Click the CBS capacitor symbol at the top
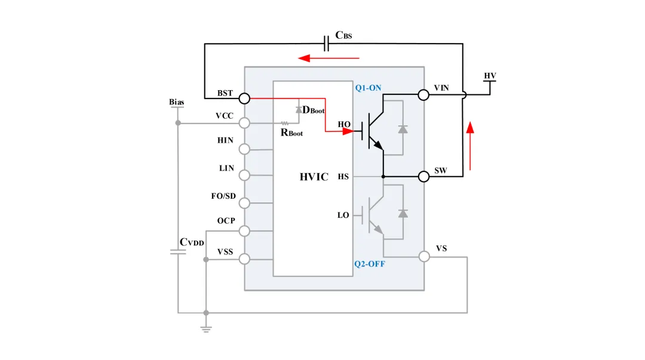pos(326,43)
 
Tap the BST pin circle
pos(244,99)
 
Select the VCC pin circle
pos(244,122)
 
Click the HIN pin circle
pos(244,149)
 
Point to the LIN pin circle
pos(244,176)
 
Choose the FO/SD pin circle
pos(244,203)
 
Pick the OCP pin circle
pos(244,231)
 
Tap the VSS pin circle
pos(244,259)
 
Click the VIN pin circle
pos(423,95)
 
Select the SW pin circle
pos(423,177)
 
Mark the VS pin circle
pos(424,257)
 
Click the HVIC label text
pos(314,177)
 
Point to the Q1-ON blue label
pos(368,88)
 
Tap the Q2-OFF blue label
pos(370,264)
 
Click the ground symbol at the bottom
pos(206,329)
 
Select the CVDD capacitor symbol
pos(178,252)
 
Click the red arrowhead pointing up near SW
pos(470,127)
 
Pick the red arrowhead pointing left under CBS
pos(304,58)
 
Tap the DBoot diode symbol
pos(299,109)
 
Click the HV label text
pos(490,76)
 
